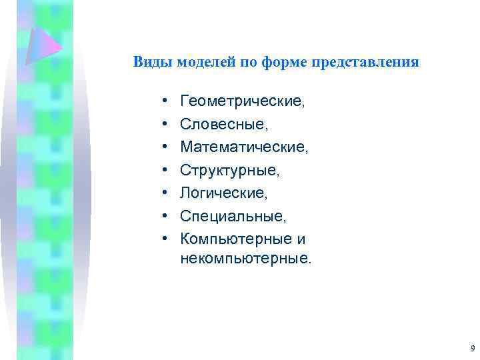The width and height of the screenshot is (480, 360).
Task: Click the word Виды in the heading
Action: coord(149,63)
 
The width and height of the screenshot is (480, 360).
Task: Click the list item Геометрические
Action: coord(242,102)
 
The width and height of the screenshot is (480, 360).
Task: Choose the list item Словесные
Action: coord(223,125)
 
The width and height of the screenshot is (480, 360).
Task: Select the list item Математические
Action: coord(244,147)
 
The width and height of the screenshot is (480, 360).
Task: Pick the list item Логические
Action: coord(223,193)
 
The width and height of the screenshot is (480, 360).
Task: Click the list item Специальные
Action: coord(233,216)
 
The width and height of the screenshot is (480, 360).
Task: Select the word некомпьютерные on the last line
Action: coord(245,258)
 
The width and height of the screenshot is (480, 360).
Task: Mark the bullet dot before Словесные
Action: coord(163,125)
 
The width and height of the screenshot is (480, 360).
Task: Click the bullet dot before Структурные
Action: coord(163,171)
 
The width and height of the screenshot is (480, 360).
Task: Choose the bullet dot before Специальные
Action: coord(163,217)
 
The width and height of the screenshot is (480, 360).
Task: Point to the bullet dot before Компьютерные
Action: coord(163,239)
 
